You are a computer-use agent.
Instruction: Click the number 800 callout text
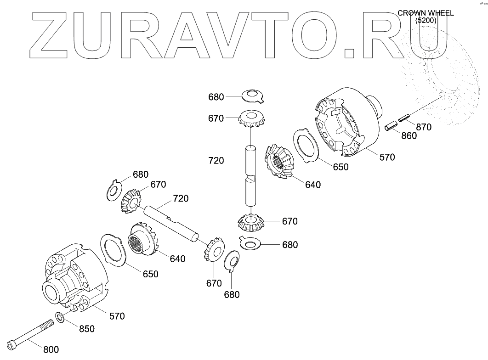pyautogui.click(x=51, y=350)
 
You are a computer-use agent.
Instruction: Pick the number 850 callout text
pyautogui.click(x=86, y=329)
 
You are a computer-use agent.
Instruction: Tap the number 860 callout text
pyautogui.click(x=409, y=136)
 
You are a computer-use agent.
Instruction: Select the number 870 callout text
pyautogui.click(x=424, y=127)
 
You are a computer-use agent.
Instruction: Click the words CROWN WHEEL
pyautogui.click(x=426, y=13)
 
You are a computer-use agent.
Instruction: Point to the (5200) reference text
pyautogui.click(x=426, y=21)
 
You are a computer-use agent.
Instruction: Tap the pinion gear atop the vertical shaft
pyautogui.click(x=250, y=119)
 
